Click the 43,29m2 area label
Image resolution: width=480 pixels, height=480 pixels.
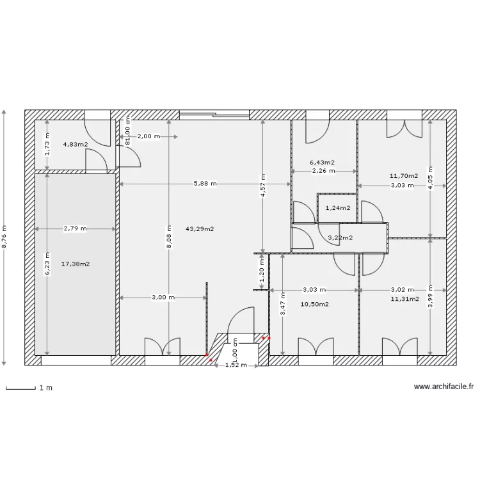(x=200, y=228)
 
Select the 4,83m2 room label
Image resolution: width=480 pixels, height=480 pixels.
(x=75, y=145)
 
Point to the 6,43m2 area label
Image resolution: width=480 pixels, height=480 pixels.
(x=323, y=163)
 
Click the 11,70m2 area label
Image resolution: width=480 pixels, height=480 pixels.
(x=404, y=175)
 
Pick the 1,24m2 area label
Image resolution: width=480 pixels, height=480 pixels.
(x=338, y=208)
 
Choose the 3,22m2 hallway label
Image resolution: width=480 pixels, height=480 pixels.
(x=340, y=238)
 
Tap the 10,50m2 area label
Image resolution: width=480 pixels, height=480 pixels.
(x=315, y=305)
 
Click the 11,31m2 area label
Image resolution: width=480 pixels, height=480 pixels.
(x=405, y=298)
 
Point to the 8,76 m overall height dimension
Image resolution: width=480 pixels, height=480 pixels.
(x=4, y=237)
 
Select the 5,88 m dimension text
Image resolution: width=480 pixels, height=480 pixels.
(x=205, y=184)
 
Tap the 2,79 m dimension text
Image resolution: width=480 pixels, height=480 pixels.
(x=75, y=228)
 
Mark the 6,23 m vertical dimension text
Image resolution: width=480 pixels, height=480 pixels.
(x=46, y=264)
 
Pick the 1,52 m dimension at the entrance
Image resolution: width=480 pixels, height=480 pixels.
(x=236, y=365)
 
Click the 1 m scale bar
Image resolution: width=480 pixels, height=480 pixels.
(x=20, y=388)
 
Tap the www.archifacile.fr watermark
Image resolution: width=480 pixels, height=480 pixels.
(x=444, y=387)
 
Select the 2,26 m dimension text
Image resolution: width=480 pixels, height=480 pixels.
(x=324, y=171)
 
